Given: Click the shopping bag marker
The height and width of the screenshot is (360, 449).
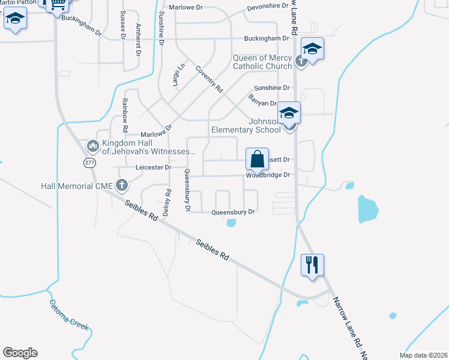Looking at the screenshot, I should (257, 160).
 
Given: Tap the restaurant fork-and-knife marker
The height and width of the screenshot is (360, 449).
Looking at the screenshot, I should (312, 265).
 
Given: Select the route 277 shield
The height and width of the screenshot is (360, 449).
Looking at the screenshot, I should (90, 163).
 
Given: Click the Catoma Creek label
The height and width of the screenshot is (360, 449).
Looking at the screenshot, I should (69, 316).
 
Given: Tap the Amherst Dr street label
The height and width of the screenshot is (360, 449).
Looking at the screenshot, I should (138, 40).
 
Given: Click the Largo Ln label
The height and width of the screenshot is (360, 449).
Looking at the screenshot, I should (178, 75).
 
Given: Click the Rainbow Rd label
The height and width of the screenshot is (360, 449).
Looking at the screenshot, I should (125, 116).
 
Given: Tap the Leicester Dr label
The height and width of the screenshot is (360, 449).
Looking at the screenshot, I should (154, 167).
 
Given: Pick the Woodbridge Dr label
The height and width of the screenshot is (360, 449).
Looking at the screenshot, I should (268, 175).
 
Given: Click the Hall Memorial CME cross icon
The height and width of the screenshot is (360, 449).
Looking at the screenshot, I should (121, 185).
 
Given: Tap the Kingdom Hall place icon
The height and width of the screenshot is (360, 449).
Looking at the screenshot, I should (92, 146).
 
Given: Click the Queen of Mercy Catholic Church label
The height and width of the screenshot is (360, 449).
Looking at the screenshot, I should (262, 62).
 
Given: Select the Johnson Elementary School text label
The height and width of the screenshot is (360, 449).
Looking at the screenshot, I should (246, 124).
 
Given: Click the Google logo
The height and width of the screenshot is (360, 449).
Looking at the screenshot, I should (20, 353).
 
